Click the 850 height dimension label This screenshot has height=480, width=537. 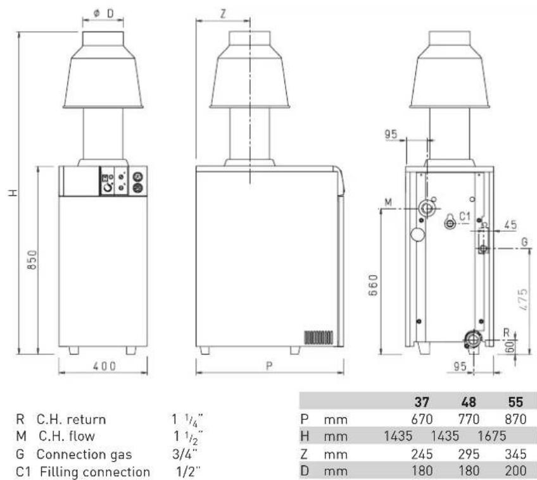(32, 260)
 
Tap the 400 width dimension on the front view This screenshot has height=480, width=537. (104, 366)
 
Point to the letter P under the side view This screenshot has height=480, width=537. (270, 366)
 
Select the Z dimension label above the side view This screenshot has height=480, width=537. (224, 14)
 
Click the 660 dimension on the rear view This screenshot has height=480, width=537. (373, 285)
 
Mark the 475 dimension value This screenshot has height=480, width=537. (523, 300)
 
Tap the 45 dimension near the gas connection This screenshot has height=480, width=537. (510, 225)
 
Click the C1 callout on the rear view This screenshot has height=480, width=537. (465, 216)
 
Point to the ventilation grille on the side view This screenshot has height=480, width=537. (318, 337)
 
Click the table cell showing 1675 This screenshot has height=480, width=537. (492, 436)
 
